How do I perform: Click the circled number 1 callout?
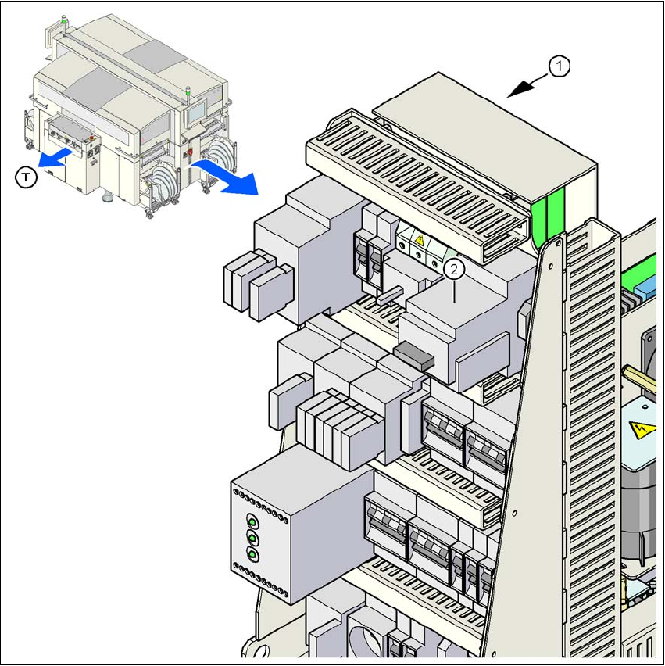(560, 68)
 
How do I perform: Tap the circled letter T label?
(27, 178)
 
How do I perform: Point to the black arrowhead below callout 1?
(516, 92)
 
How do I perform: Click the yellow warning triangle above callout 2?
(419, 242)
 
